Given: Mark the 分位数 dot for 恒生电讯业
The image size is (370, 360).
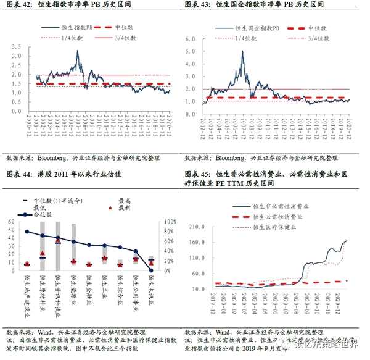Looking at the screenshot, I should coord(151,270).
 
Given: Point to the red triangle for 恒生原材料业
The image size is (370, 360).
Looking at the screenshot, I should coord(43,253).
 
